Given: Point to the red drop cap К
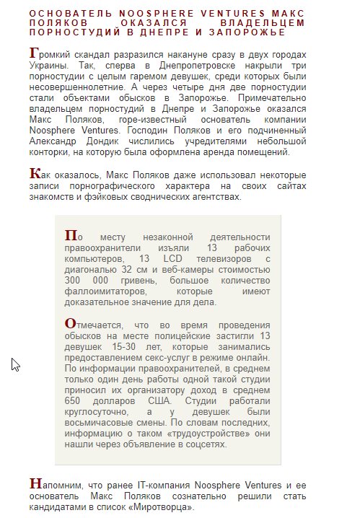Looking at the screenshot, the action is coord(35,173).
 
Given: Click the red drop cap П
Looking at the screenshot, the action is coord(71,235).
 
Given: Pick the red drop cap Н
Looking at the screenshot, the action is coord(35,483).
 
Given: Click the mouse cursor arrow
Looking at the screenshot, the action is coord(14,364).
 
